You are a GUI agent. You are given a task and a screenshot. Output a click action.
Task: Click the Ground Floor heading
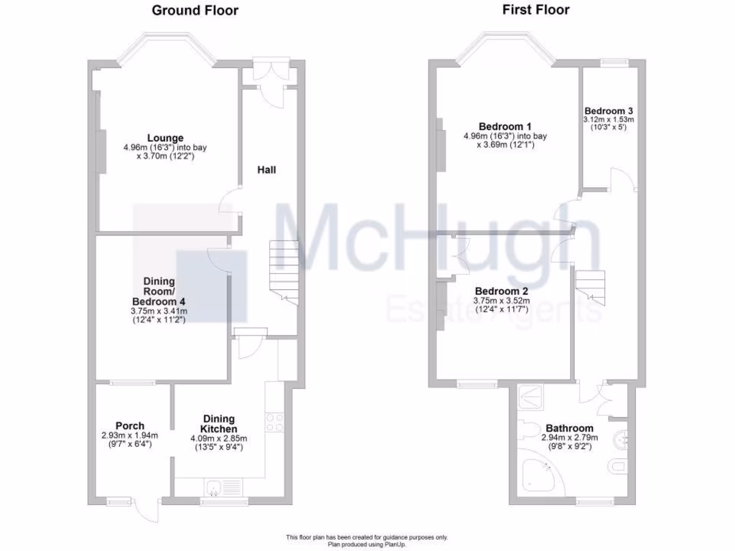click(x=195, y=11)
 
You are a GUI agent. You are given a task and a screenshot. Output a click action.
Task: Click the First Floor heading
click(x=535, y=10)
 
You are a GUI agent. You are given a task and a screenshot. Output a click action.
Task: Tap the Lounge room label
click(x=166, y=138)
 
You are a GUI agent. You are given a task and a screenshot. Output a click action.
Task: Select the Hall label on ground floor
click(x=267, y=170)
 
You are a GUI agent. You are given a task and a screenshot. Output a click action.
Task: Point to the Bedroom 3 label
click(x=609, y=110)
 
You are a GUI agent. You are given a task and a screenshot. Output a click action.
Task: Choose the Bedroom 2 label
click(x=501, y=291)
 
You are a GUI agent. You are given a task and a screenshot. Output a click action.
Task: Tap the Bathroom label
click(x=568, y=428)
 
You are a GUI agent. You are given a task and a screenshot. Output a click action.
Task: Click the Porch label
click(x=130, y=425)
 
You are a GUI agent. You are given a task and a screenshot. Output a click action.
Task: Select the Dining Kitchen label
click(x=218, y=424)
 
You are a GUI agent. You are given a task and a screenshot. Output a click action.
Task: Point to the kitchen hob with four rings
click(x=275, y=422)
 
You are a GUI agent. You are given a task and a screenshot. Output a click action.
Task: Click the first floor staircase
click(x=593, y=285)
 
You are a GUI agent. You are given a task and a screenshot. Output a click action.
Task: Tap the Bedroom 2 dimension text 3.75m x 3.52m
click(x=501, y=301)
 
